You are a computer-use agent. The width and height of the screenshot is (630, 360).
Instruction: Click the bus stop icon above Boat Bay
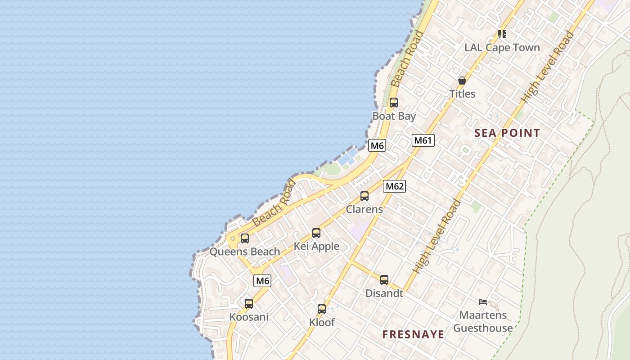[394, 103]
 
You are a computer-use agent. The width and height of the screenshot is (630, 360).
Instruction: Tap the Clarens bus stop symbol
[364, 196]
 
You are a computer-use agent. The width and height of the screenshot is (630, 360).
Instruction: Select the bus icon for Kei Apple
[316, 233]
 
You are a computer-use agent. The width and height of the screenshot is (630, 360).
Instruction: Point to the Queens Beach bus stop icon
[245, 238]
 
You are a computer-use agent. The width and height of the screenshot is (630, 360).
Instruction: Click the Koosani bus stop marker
[249, 304]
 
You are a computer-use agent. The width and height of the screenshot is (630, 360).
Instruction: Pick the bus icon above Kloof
[322, 309]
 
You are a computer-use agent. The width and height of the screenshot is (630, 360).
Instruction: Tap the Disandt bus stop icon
[384, 280]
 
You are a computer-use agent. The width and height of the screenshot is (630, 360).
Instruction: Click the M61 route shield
[423, 140]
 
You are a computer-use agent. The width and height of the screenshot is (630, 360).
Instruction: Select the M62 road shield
[394, 186]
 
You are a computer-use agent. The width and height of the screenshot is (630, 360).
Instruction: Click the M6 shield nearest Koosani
[262, 281]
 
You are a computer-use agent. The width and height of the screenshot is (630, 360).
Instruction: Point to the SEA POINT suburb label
[507, 133]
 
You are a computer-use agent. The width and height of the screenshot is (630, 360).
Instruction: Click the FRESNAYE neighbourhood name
[413, 334]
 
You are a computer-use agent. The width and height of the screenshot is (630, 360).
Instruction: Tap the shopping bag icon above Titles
[462, 81]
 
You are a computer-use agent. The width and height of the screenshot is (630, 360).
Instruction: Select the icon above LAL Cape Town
[502, 34]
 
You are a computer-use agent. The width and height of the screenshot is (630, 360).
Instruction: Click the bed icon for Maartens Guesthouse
[483, 302]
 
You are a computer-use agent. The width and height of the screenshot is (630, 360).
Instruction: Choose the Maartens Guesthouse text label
[483, 321]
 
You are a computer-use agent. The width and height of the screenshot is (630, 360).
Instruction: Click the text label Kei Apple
[316, 246]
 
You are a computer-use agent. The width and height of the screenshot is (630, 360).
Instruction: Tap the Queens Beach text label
[245, 252]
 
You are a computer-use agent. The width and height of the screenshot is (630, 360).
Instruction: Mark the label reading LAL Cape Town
[502, 48]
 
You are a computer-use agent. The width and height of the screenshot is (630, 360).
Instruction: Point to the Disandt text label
[384, 293]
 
